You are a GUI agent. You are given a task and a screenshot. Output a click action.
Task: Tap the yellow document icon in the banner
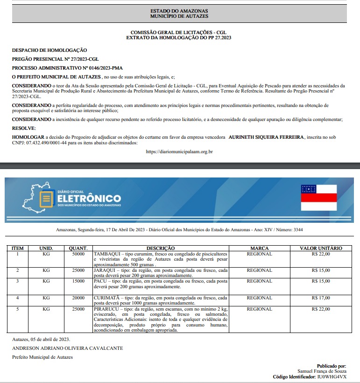46,199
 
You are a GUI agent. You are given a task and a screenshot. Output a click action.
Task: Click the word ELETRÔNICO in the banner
89,199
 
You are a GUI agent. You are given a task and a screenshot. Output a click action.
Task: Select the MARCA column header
259,248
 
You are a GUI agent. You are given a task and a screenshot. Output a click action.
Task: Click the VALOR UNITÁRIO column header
321,248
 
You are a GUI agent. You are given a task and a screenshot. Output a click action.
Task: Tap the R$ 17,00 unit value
321,298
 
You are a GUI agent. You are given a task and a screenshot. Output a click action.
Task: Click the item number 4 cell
17,298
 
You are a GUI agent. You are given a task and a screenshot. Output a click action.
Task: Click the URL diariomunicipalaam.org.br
179,151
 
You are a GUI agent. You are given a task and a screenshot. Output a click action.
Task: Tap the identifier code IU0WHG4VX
332,376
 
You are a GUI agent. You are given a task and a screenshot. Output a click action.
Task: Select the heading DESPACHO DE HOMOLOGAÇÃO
49,50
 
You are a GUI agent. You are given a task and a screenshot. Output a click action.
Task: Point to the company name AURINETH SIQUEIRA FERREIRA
265,137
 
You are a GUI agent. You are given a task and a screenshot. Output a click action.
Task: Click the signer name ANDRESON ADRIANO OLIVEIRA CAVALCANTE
68,348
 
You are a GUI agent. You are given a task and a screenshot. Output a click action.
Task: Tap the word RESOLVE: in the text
24,128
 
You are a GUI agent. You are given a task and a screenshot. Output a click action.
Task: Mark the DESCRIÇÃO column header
161,248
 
